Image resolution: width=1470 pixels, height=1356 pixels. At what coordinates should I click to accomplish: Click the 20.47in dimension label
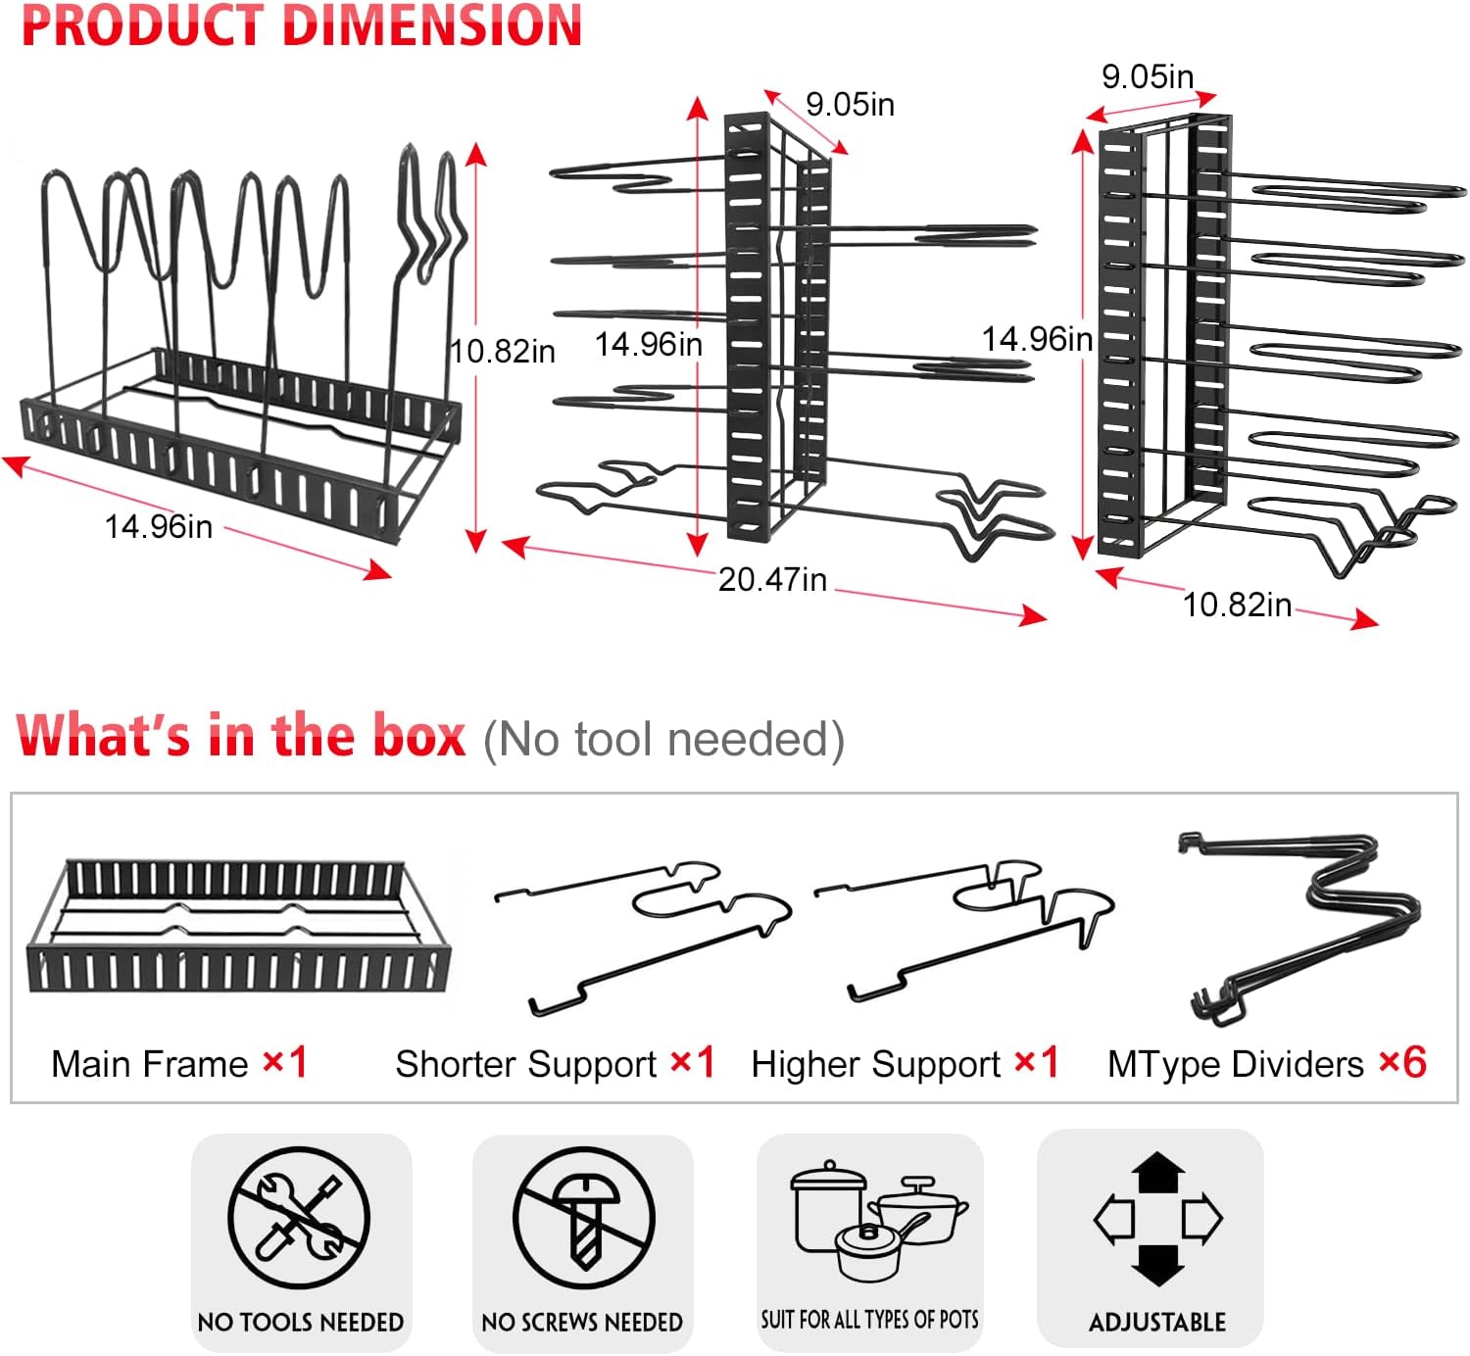click(772, 580)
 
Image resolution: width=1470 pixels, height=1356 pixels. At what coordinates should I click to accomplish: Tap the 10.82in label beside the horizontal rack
click(503, 351)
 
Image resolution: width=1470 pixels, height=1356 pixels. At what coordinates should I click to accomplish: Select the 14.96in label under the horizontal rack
click(159, 527)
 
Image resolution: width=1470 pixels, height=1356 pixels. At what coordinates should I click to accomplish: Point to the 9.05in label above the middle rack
click(850, 104)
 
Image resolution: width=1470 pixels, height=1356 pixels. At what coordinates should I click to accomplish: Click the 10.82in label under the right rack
click(1237, 605)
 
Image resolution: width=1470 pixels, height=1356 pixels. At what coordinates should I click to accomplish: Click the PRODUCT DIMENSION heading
click(302, 26)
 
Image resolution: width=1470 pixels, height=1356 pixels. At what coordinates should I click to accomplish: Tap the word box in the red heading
click(419, 737)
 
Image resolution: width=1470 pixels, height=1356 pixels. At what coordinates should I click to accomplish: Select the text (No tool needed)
click(663, 740)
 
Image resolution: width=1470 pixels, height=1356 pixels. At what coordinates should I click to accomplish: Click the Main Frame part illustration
click(238, 927)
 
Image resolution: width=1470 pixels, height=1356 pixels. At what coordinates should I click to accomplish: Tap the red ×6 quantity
click(1402, 1063)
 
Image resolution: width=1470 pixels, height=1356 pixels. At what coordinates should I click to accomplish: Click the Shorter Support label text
click(525, 1065)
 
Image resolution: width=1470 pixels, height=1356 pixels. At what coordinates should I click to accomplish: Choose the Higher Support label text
click(875, 1065)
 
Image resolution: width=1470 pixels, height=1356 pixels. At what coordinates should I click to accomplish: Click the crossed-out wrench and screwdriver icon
click(299, 1218)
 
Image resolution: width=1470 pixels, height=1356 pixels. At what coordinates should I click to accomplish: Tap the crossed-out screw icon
click(583, 1219)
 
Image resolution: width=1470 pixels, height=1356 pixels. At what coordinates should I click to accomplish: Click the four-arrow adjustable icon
click(1157, 1218)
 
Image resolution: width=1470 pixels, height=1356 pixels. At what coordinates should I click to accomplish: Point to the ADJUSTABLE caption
click(1157, 1323)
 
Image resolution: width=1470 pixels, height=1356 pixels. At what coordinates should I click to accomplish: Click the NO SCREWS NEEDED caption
click(582, 1323)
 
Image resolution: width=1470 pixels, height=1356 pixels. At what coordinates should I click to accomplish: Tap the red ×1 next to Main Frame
click(285, 1063)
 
